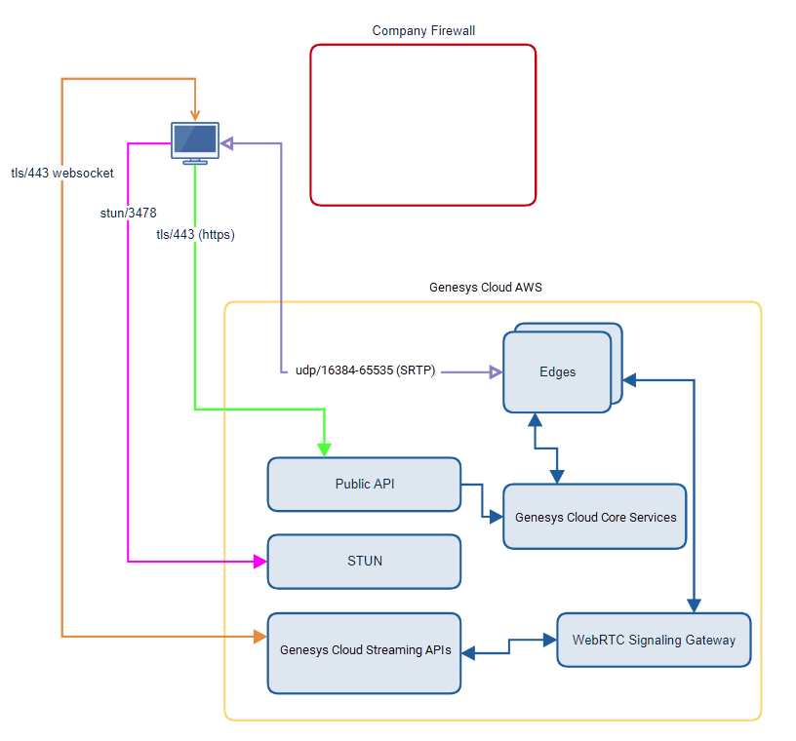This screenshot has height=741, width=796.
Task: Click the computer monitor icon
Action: [x=195, y=142]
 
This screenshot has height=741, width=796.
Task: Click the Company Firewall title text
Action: [x=423, y=31]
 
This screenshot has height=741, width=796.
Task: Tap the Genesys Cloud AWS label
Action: [x=485, y=288]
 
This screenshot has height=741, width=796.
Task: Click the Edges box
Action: [x=557, y=372]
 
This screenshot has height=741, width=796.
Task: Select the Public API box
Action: [x=364, y=484]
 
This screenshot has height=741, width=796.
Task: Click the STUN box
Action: [x=364, y=562]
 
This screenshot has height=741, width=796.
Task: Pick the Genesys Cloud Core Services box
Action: [x=595, y=517]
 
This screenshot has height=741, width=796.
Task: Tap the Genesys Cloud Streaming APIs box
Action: [x=365, y=652]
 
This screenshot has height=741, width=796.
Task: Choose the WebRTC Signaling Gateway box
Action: [x=654, y=640]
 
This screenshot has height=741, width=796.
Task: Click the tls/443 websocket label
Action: [x=62, y=174]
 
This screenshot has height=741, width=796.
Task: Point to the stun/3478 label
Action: [x=128, y=213]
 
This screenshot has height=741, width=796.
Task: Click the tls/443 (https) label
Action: [x=195, y=235]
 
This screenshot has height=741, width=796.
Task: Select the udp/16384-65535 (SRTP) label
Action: [x=365, y=370]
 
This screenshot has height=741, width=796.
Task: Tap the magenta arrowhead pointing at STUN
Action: [x=260, y=562]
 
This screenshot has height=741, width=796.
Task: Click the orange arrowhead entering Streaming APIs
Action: [x=260, y=637]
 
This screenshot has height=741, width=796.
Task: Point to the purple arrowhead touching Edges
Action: [x=495, y=371]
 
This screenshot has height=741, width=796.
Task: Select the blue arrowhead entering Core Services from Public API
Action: [x=497, y=517]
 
